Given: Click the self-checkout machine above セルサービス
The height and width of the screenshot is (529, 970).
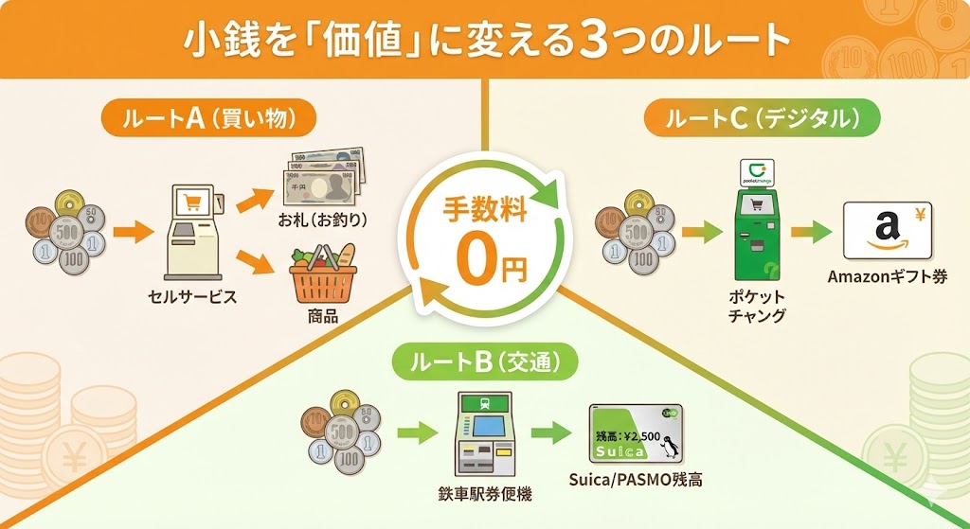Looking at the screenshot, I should point(194,231).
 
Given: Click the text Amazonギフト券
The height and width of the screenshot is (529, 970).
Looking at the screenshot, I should point(887,277).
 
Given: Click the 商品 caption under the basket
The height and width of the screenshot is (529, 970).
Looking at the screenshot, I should point(322,316).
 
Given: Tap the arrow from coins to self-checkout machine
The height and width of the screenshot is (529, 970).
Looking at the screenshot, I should point(131,230).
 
